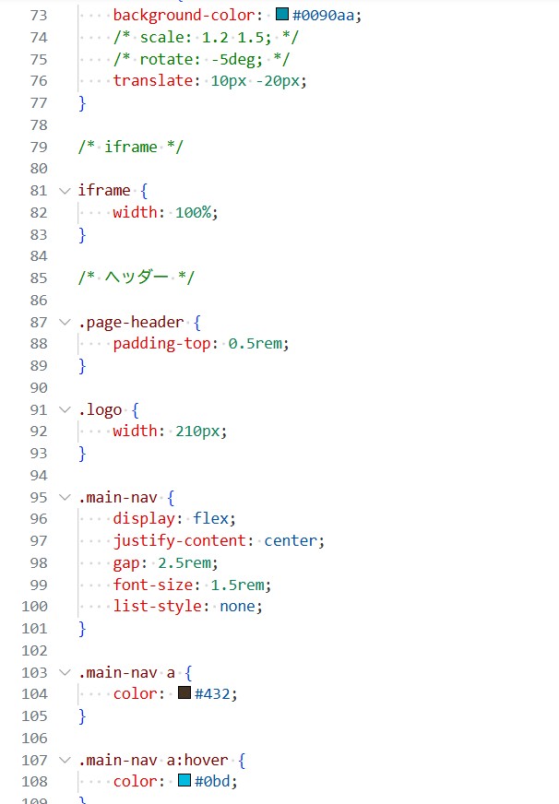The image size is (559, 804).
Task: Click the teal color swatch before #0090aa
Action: coord(282,14)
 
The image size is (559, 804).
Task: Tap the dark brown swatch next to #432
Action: coord(184,692)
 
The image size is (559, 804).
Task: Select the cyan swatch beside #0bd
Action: coord(184,780)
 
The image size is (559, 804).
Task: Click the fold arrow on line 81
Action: coord(65,191)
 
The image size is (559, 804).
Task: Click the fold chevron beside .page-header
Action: coord(65,322)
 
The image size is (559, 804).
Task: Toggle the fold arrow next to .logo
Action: coord(65,409)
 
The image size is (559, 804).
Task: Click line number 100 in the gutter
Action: coord(34,606)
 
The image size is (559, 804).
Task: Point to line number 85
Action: coord(39,278)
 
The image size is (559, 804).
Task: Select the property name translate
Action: coord(153,80)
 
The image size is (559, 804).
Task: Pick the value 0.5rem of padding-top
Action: coord(255,343)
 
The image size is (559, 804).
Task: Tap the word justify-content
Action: coord(180,540)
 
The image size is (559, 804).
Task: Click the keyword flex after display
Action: coord(210,518)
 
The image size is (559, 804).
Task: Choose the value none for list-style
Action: coord(237,606)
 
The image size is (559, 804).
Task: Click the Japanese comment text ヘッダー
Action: coord(137,278)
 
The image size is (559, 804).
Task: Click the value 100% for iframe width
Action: coord(194,212)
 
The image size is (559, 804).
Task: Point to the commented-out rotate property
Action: coord(201,59)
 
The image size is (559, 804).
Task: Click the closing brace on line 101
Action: coord(82,628)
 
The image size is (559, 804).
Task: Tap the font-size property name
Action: coord(153,585)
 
